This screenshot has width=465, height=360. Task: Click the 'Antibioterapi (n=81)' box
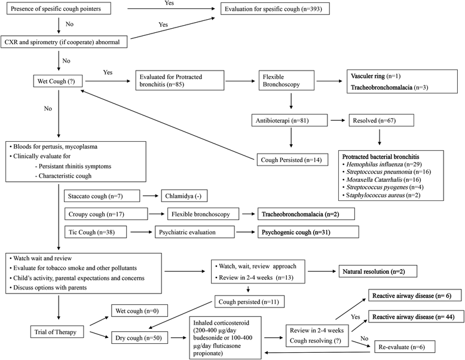point(290,121)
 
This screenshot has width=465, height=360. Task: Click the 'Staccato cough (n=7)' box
point(102,196)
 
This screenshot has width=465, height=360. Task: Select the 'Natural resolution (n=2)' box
point(387,273)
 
